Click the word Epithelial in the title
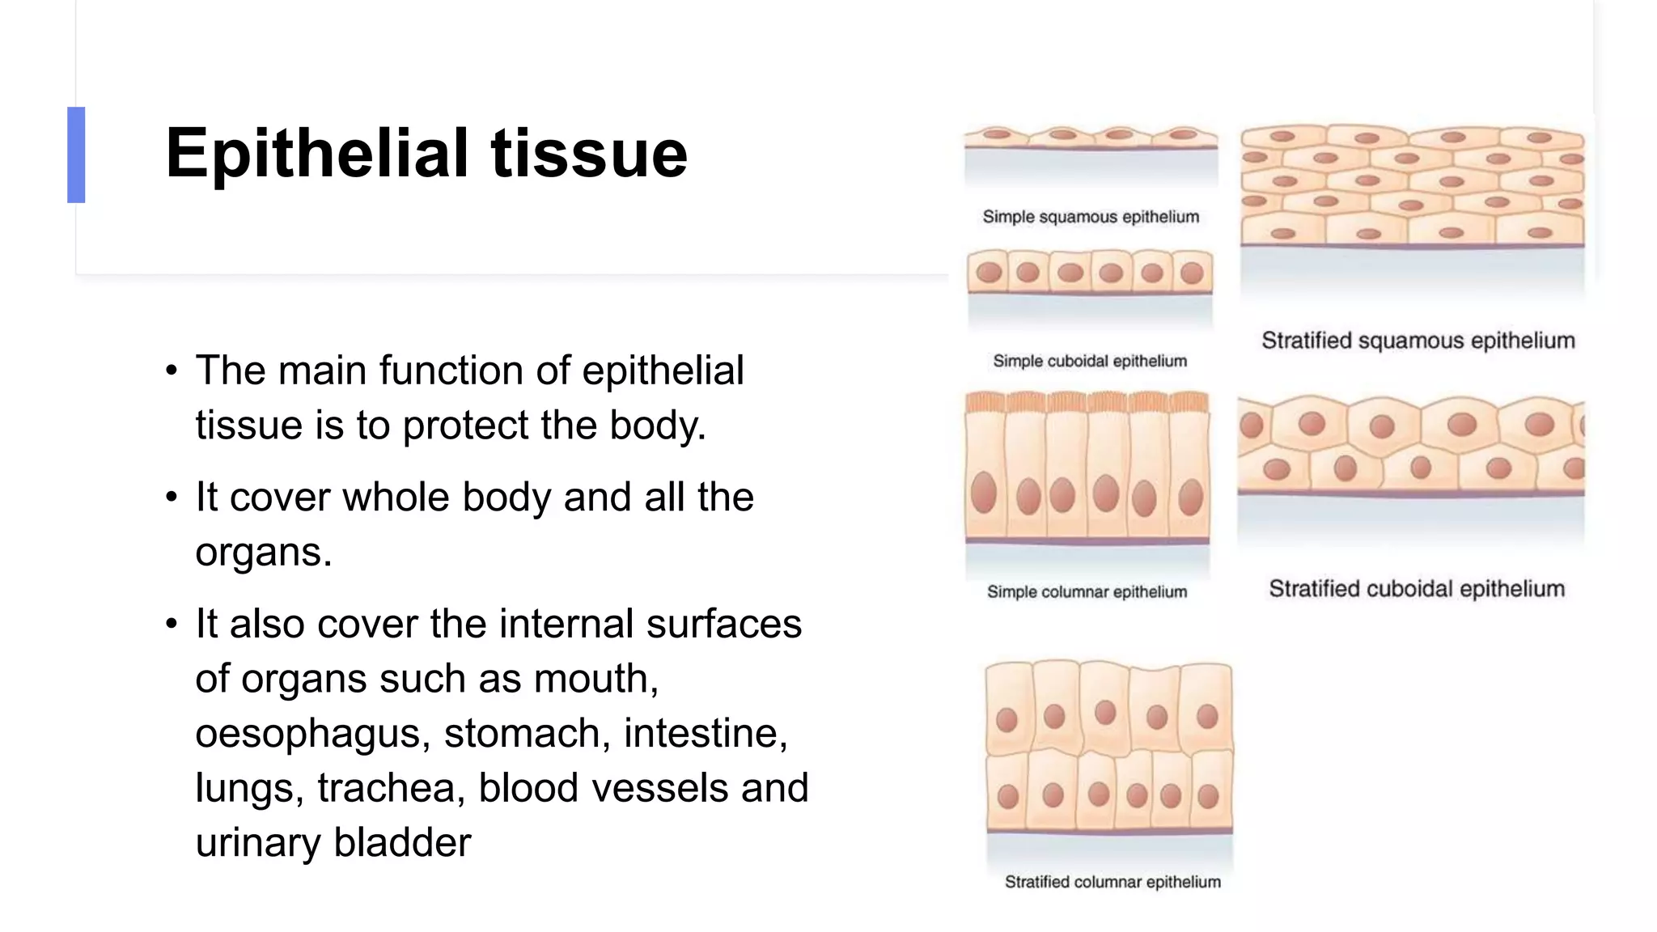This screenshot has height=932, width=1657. coord(316,153)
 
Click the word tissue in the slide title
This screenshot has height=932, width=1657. coord(588,153)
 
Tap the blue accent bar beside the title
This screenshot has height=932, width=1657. coord(76,155)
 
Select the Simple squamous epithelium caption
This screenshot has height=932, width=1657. coord(1091,217)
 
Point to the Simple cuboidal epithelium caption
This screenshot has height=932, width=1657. coord(1090,361)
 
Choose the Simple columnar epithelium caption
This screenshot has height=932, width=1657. coord(1087,592)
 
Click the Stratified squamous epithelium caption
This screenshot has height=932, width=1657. coord(1418,341)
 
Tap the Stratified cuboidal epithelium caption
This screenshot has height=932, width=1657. coord(1416,589)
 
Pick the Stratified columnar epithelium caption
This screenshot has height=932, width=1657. coord(1112,882)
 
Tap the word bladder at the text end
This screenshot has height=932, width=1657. coord(402,843)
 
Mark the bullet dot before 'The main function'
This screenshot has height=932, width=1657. coord(171,371)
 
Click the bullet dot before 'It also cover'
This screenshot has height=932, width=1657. coord(171,625)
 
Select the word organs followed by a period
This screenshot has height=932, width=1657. coord(264,553)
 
